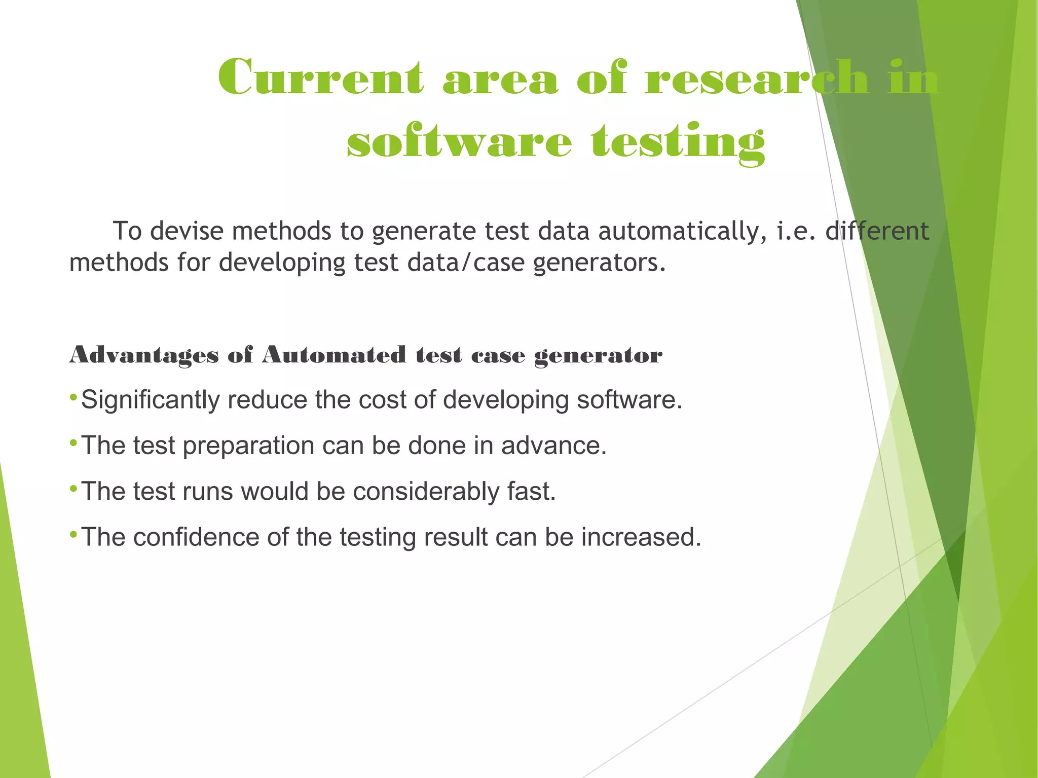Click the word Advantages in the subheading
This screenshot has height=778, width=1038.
pos(144,355)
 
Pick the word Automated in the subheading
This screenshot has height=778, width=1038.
pos(334,355)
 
